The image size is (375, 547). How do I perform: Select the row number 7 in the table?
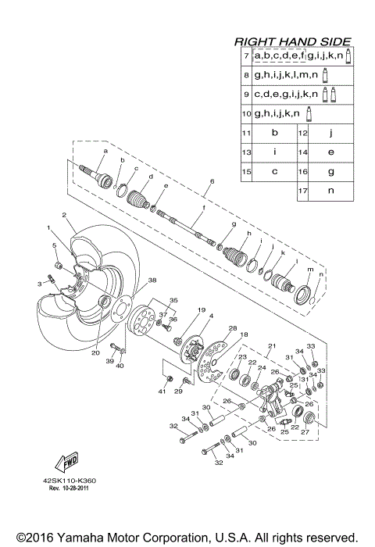[x=245, y=57]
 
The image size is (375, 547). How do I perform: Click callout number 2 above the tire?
[x=63, y=214]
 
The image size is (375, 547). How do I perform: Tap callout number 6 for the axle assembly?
[x=211, y=181]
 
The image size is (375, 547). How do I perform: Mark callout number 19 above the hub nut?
[x=179, y=310]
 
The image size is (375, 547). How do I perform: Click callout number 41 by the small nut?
[x=162, y=390]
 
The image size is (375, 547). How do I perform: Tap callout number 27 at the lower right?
[x=305, y=431]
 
